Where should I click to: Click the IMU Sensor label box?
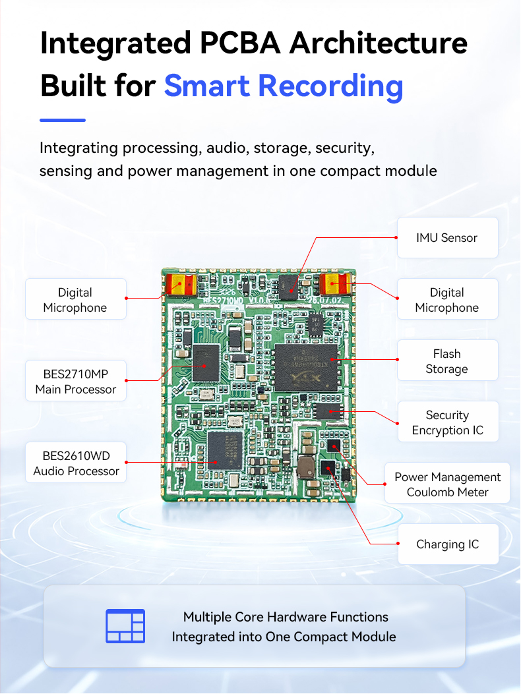[x=447, y=238]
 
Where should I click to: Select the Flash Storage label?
[x=447, y=361]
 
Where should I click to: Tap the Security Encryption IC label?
[x=448, y=422]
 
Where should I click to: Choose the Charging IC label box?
[x=448, y=544]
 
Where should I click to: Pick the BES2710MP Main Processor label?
[x=76, y=381]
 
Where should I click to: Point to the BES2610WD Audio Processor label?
[x=76, y=463]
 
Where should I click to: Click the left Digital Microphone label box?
[x=76, y=299]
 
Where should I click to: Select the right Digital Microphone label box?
[x=447, y=299]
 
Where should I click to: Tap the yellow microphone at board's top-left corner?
[x=181, y=285]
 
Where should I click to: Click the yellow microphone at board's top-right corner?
[x=336, y=283]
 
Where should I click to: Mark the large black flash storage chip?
[x=307, y=368]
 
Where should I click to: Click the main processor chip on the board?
[x=206, y=363]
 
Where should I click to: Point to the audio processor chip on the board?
[x=226, y=450]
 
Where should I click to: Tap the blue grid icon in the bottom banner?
[x=125, y=626]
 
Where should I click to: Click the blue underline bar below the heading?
[x=63, y=120]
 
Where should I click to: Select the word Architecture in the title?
[x=379, y=43]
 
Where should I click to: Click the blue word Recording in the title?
[x=330, y=86]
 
